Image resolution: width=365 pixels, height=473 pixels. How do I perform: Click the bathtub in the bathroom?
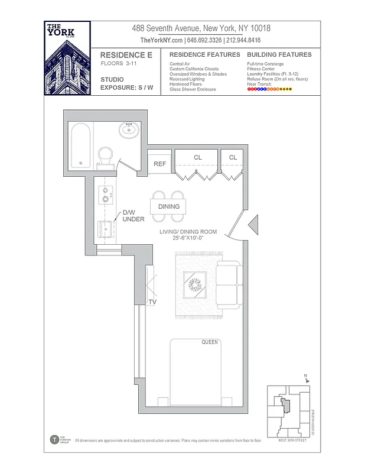(x=81, y=146)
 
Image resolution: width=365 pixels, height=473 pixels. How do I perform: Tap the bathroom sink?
(x=129, y=129)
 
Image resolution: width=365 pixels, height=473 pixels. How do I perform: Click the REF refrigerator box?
(x=159, y=164)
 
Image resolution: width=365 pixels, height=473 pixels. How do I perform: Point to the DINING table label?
(x=169, y=206)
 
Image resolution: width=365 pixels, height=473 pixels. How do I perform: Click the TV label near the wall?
(x=152, y=302)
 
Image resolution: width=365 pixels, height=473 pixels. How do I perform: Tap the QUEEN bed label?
(x=210, y=342)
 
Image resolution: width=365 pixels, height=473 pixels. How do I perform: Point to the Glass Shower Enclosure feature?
(x=193, y=89)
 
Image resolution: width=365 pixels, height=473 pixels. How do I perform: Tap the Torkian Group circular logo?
(x=54, y=439)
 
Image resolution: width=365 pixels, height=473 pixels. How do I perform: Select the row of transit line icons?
(x=269, y=89)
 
